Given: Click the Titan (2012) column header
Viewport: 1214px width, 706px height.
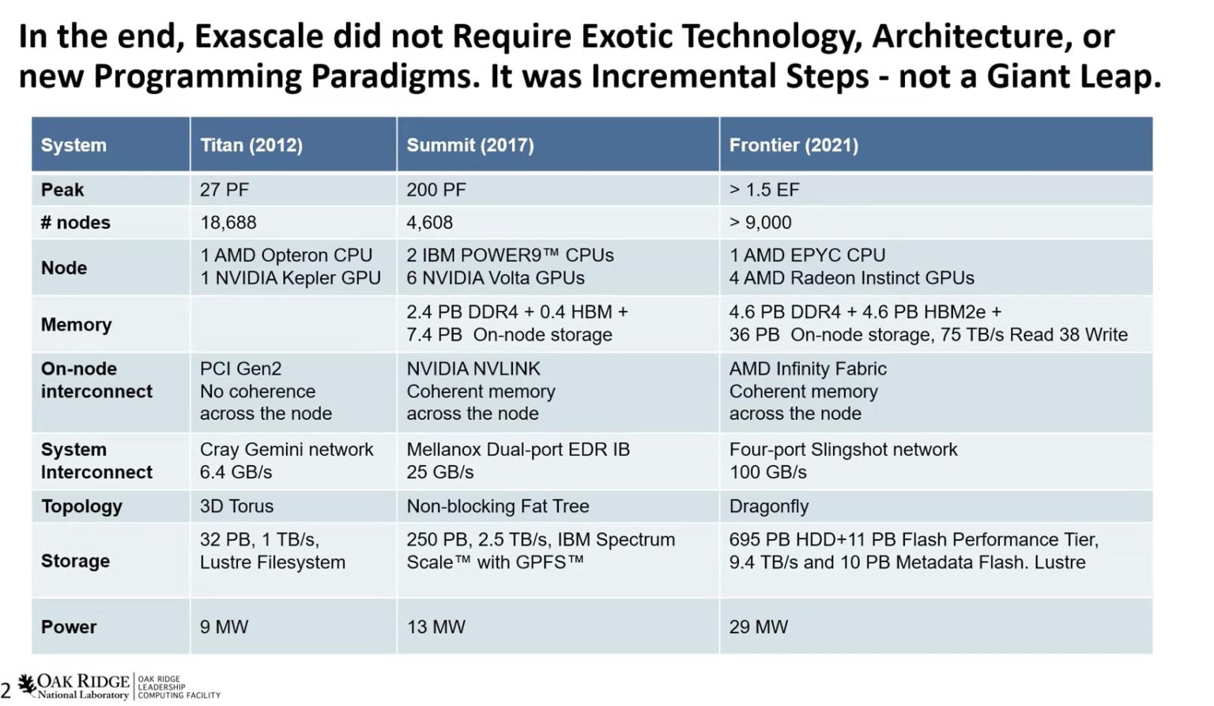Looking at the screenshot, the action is click(251, 145).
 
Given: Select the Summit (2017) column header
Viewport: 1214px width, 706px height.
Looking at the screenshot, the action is click(470, 145).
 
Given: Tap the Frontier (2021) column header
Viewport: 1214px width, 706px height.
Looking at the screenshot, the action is click(794, 145).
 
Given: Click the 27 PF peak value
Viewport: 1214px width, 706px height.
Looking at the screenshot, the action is click(224, 190).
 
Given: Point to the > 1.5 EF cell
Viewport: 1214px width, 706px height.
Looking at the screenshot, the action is click(764, 190).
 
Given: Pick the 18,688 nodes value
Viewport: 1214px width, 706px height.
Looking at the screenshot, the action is click(228, 222).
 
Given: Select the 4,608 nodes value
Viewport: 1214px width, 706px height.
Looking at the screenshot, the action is click(429, 222).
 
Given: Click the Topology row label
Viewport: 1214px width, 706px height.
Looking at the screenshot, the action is click(81, 507).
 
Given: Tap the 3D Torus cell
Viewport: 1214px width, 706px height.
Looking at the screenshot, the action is click(236, 507).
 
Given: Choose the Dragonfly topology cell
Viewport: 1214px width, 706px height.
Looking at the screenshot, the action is click(768, 507).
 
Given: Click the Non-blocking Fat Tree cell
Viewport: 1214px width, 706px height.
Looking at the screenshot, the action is click(497, 507).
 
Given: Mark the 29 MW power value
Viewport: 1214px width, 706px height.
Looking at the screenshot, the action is click(758, 627).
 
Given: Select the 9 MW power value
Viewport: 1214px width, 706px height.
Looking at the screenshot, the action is click(224, 627).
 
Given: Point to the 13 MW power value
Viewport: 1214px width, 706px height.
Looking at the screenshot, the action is click(435, 627).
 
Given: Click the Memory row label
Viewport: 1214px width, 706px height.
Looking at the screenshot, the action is click(76, 324).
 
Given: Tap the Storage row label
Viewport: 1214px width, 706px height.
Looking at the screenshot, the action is click(75, 561).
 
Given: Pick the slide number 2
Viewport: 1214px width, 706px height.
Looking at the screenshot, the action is click(6, 691).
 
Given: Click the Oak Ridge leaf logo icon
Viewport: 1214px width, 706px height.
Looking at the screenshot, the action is click(26, 685).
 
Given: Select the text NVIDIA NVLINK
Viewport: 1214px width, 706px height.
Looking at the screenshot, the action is click(473, 368).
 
